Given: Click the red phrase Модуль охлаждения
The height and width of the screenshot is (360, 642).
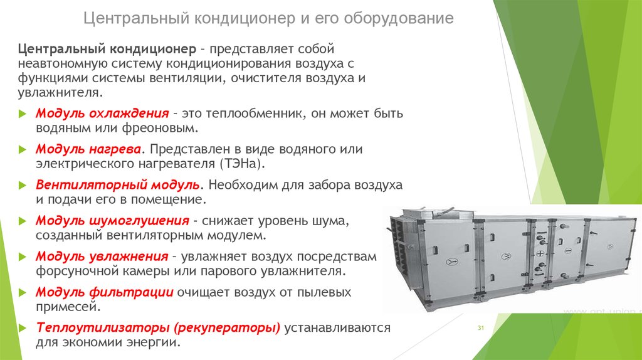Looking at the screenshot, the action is [102, 114].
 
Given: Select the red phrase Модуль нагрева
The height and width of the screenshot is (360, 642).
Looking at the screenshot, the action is [88, 149].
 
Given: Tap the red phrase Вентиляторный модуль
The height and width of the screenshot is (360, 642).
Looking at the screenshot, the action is [117, 185].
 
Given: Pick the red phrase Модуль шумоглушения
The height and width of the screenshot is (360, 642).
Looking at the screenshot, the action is [112, 221].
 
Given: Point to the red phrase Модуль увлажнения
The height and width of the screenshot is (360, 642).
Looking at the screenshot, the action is [102, 257].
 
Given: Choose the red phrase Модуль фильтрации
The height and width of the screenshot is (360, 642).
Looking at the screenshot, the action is [105, 292].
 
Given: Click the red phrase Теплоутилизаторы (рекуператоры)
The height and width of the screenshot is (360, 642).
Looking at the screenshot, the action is [158, 327].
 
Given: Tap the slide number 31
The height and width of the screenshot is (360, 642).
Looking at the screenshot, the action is [481, 328].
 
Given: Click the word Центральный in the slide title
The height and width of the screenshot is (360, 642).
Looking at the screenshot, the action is [136, 18].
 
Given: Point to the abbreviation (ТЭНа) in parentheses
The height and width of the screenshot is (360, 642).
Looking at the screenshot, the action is [243, 164].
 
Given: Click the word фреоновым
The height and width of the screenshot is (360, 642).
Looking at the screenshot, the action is [160, 128].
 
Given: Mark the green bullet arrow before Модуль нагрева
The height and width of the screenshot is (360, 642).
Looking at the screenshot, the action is [23, 149].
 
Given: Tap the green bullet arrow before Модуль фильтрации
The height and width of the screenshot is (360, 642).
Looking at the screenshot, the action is [23, 292].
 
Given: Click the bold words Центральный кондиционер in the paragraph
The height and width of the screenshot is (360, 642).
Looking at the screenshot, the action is [107, 49].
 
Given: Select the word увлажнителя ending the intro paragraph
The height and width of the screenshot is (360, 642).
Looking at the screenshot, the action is [60, 93].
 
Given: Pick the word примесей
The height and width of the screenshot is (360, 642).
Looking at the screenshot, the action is [68, 307].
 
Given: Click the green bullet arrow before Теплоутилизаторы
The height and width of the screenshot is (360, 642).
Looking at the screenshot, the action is [23, 328].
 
